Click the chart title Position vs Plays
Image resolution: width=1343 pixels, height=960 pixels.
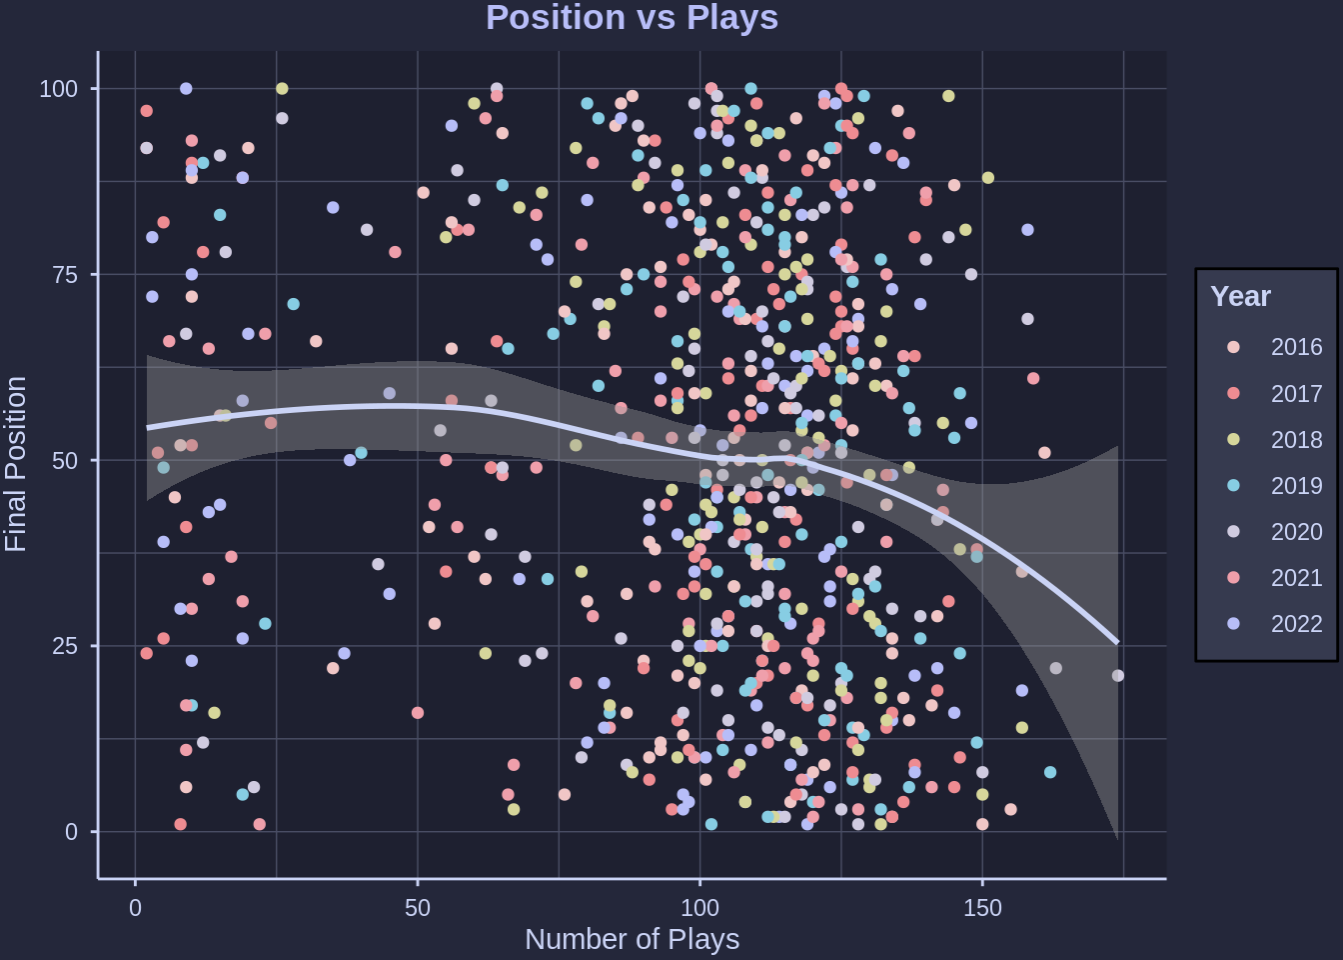point(632,18)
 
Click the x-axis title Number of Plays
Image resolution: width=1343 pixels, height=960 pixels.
point(632,939)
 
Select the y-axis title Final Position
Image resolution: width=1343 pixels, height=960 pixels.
point(16,464)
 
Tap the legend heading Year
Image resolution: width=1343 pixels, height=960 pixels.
point(1240,296)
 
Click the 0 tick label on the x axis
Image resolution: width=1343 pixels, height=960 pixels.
point(136,908)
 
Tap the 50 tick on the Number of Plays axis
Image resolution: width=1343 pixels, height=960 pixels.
point(418,908)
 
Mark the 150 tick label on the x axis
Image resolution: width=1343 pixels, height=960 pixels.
point(982,908)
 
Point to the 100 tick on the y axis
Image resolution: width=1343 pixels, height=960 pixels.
point(58,89)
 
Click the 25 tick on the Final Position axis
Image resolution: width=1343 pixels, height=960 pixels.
point(65,646)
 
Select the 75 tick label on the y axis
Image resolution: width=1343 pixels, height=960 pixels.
point(65,275)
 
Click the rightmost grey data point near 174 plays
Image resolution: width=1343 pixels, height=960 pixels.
point(1118,676)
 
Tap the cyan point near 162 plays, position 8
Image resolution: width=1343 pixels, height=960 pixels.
point(1050,772)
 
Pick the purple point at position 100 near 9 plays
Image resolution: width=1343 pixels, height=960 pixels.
point(186,89)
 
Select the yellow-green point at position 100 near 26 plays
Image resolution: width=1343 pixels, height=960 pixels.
point(282,89)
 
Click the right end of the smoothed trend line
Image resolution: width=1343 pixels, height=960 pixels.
point(1117,643)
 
